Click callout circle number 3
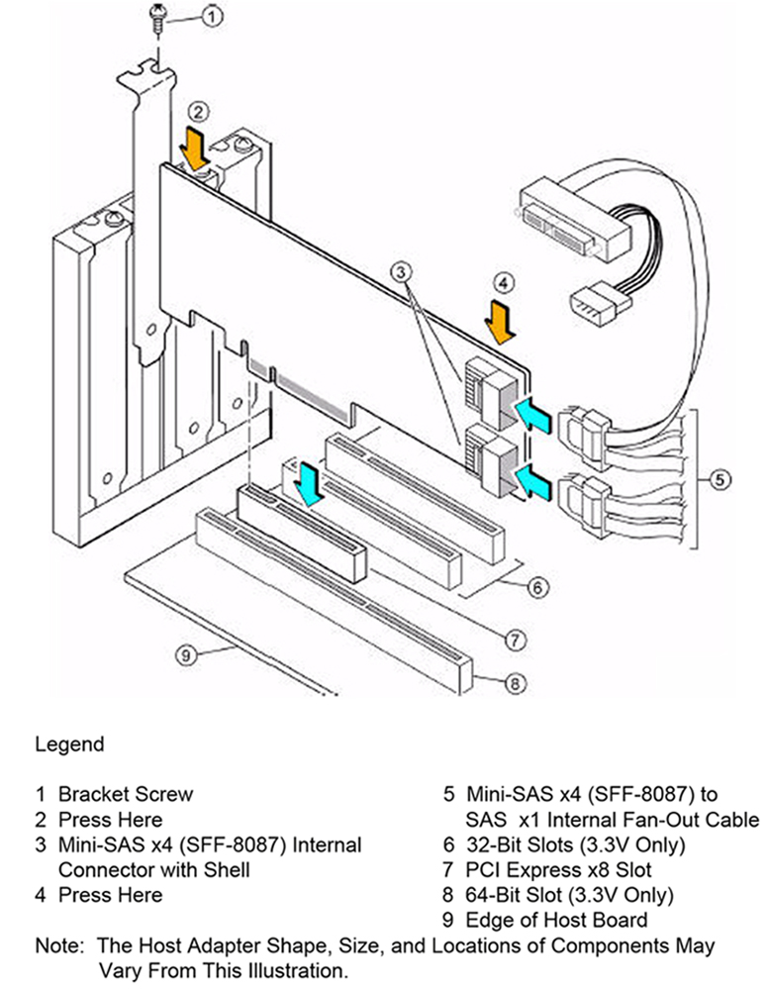400,271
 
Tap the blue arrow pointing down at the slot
310,486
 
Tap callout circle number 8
514,682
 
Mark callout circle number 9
184,652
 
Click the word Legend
69,742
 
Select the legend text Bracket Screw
126,794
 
